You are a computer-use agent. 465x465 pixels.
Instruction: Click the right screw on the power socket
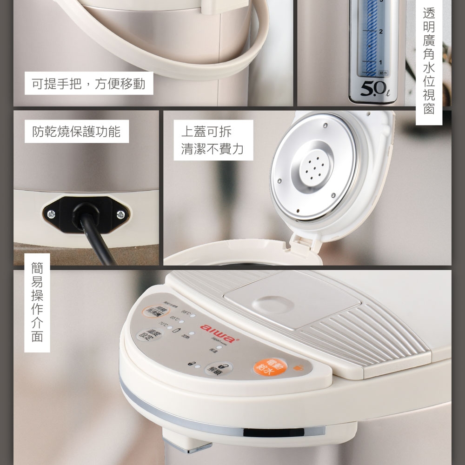pos(121,214)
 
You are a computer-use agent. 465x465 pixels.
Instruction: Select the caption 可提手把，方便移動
pos(88,84)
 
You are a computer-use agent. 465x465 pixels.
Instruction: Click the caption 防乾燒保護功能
pos(76,132)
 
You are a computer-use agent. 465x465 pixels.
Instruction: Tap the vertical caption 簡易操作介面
pos(37,302)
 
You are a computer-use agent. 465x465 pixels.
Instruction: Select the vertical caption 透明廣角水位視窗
pos(428,60)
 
